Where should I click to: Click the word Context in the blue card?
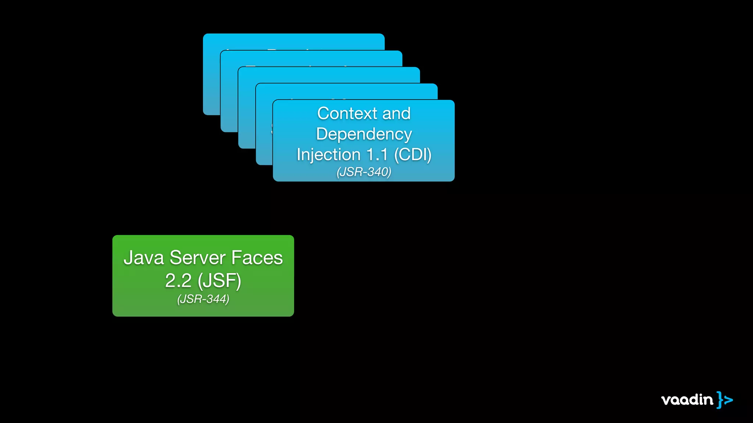(347, 113)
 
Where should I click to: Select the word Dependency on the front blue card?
(364, 134)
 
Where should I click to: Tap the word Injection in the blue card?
(328, 155)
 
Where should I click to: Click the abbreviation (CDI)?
(413, 155)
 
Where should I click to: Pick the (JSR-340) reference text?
(364, 172)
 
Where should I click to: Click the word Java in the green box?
(144, 257)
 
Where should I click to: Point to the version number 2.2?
(178, 281)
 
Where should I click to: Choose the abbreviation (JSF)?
(219, 281)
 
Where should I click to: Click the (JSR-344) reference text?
(203, 299)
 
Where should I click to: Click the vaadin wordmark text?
(687, 399)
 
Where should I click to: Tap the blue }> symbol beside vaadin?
(725, 399)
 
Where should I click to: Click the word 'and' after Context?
(396, 113)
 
